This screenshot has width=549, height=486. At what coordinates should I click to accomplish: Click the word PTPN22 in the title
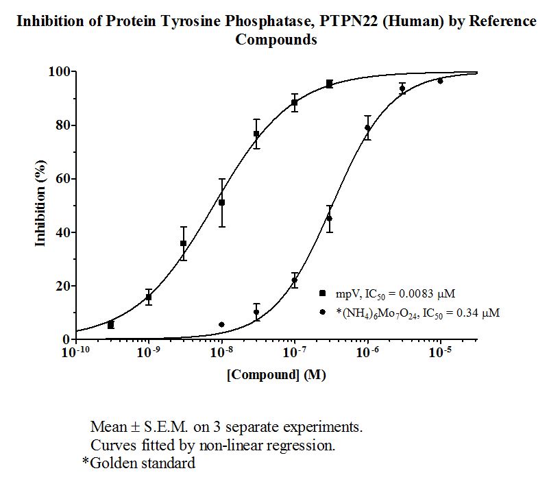pyautogui.click(x=349, y=21)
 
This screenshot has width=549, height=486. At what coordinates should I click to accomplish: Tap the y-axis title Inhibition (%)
pyautogui.click(x=40, y=204)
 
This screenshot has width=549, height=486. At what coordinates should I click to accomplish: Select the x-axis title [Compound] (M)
pyautogui.click(x=276, y=375)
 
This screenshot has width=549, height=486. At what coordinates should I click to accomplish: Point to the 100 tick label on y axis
pyautogui.click(x=59, y=71)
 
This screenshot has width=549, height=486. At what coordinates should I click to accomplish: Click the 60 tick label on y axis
pyautogui.click(x=63, y=179)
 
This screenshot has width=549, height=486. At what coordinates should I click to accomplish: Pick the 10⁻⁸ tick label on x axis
pyautogui.click(x=221, y=352)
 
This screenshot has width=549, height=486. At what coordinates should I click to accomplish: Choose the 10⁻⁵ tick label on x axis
pyautogui.click(x=440, y=352)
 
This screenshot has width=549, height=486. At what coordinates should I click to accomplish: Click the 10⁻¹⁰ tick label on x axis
pyautogui.click(x=76, y=352)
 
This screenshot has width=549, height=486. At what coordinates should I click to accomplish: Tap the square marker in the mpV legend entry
pyautogui.click(x=322, y=293)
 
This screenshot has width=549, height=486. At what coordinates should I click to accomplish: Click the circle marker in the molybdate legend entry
pyautogui.click(x=322, y=312)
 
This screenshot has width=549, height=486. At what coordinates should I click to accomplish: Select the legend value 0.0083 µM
pyautogui.click(x=427, y=293)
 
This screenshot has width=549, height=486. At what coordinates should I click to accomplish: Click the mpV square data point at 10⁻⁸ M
pyautogui.click(x=221, y=203)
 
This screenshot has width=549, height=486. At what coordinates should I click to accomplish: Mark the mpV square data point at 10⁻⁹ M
pyautogui.click(x=149, y=297)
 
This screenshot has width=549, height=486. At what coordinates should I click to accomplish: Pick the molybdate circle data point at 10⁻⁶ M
pyautogui.click(x=367, y=127)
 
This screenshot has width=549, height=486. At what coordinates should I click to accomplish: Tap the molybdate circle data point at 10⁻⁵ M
pyautogui.click(x=440, y=81)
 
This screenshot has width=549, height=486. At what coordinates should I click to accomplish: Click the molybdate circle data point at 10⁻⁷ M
pyautogui.click(x=295, y=280)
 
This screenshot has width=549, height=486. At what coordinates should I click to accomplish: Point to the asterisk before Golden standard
pyautogui.click(x=86, y=461)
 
